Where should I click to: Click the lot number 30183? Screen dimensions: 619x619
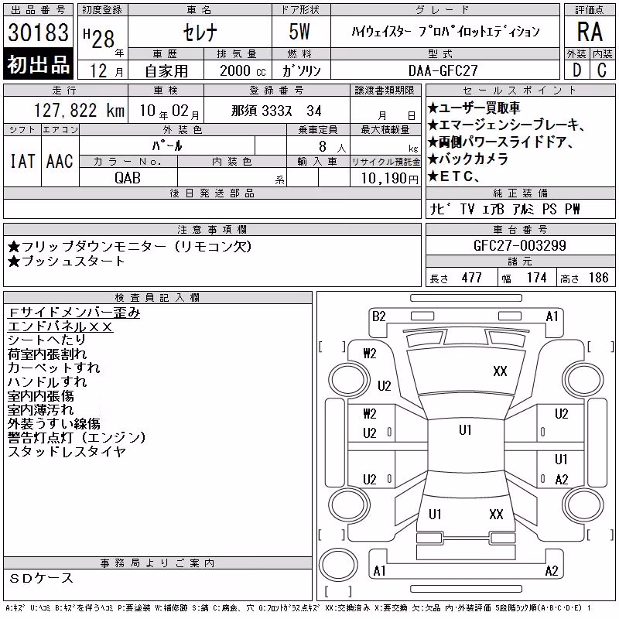pos(38,32)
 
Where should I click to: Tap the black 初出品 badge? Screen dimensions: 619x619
pos(38,63)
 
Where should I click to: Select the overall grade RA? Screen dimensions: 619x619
pos(590,32)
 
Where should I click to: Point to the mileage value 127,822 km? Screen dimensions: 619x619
pos(79,111)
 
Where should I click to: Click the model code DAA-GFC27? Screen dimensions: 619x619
pos(443,70)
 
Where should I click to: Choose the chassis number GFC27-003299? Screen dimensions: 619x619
pos(519,245)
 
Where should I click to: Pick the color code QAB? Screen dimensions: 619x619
pos(128,178)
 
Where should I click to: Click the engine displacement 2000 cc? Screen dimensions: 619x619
pos(243,70)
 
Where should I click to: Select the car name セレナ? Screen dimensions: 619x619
pos(200,32)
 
